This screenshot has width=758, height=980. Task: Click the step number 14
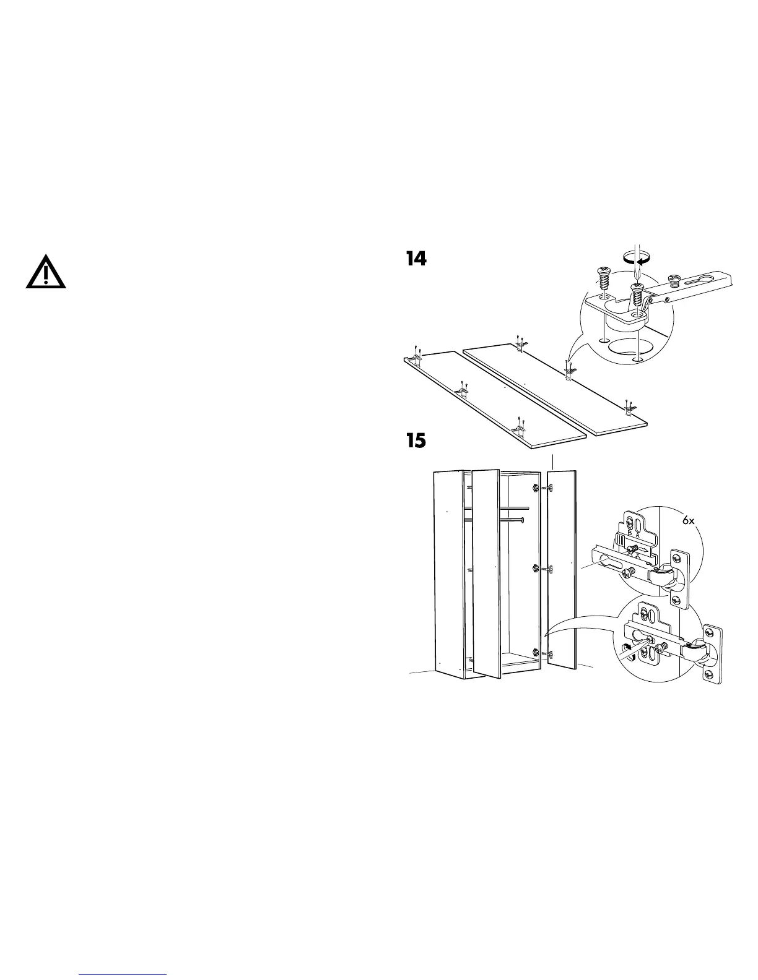416,259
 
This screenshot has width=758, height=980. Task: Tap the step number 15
416,441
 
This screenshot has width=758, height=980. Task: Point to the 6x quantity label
689,521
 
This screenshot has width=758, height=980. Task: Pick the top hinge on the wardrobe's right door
547,488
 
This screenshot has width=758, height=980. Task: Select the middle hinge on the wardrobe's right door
547,568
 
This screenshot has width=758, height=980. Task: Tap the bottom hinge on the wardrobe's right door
547,653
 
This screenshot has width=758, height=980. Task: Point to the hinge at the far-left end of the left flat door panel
416,357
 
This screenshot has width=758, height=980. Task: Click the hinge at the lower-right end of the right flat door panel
629,406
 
